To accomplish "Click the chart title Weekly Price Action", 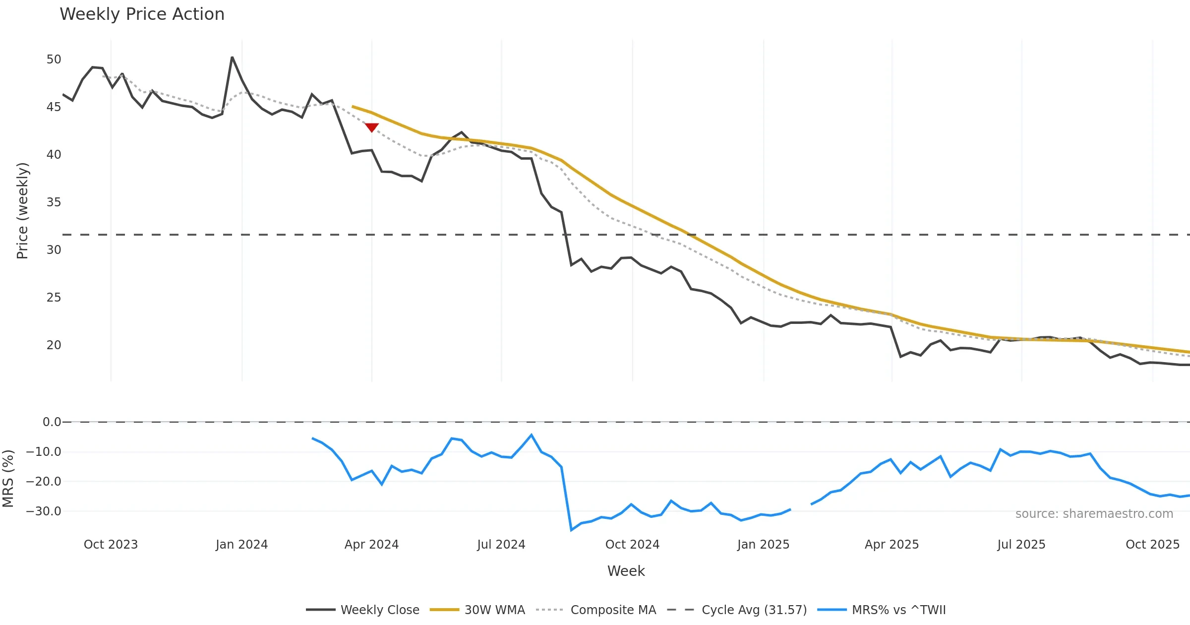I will (x=142, y=14).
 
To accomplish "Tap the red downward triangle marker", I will (x=372, y=127).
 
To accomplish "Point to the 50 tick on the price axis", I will (x=54, y=60).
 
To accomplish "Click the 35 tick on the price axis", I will (x=54, y=202).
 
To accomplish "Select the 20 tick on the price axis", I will (x=54, y=345).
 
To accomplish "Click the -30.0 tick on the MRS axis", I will (x=44, y=511).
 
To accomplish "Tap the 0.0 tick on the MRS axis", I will (x=52, y=422).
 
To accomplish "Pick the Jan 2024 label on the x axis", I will (x=241, y=545).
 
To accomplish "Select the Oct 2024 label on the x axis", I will (x=632, y=545).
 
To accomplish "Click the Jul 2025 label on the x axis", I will (x=1021, y=545).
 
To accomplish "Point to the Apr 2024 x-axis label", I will (x=371, y=545).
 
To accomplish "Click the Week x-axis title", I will (x=626, y=571).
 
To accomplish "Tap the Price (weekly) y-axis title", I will (x=23, y=211).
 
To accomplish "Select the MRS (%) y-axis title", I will (x=8, y=479).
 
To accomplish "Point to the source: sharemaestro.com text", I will (x=1094, y=514).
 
